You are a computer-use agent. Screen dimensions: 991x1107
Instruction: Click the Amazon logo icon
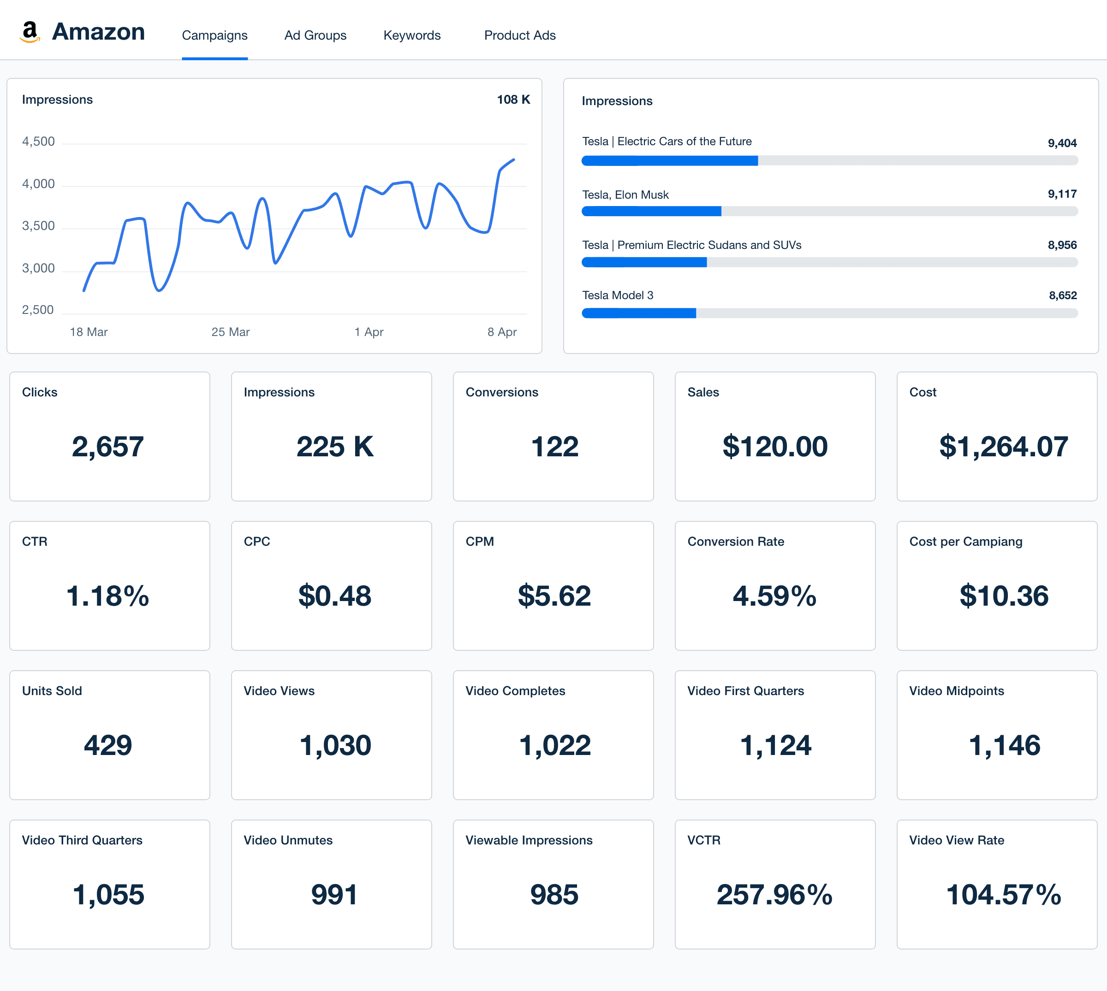[30, 32]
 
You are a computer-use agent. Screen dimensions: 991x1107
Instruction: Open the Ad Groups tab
[315, 35]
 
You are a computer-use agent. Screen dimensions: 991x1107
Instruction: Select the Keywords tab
[412, 35]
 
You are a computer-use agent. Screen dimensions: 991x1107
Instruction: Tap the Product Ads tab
[520, 35]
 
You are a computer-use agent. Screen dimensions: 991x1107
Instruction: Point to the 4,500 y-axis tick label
[38, 142]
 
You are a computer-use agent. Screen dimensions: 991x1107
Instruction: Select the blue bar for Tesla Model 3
[638, 313]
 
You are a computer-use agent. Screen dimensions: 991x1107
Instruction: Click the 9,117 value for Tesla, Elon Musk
[1062, 194]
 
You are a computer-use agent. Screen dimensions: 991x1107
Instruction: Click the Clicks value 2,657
[108, 447]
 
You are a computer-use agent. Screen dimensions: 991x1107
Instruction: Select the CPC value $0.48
[334, 596]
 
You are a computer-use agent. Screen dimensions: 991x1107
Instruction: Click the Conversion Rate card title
[735, 541]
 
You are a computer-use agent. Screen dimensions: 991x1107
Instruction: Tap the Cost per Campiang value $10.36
[1004, 596]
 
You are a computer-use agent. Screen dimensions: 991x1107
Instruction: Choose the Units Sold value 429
[108, 745]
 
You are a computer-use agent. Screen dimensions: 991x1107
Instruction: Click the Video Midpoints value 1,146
[1004, 745]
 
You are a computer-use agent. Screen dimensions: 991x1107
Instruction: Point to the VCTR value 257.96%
[774, 895]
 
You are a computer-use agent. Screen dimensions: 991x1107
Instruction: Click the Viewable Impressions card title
[529, 840]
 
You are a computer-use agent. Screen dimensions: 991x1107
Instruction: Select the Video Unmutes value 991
[334, 895]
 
